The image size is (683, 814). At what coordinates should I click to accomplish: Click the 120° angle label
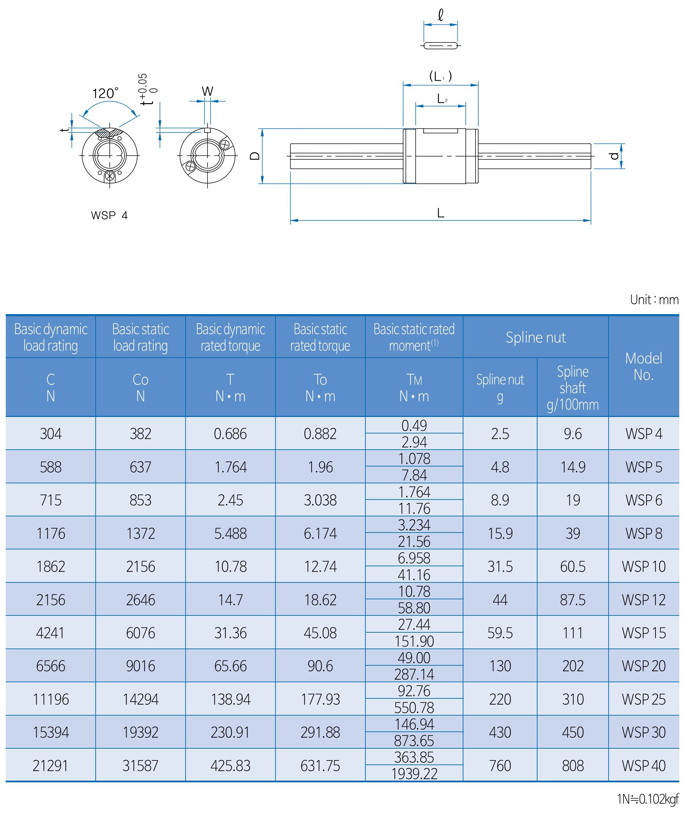[x=105, y=93]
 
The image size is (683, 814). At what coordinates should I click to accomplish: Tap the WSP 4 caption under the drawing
[x=109, y=215]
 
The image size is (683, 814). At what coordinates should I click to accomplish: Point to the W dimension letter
[x=207, y=91]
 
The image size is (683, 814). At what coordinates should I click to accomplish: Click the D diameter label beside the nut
[x=255, y=156]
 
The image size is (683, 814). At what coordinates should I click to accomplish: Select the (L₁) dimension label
[x=441, y=77]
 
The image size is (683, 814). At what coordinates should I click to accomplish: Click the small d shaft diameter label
[x=614, y=156]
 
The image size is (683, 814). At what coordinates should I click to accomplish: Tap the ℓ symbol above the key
[x=440, y=16]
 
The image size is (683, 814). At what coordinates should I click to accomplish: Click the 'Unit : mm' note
[x=654, y=300]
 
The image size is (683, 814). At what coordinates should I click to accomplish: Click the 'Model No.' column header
[x=644, y=367]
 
